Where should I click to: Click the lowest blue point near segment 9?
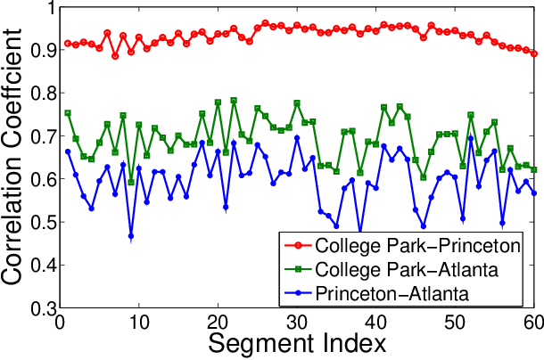point(131,237)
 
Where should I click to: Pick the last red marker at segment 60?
point(534,53)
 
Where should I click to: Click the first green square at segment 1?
point(68,113)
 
